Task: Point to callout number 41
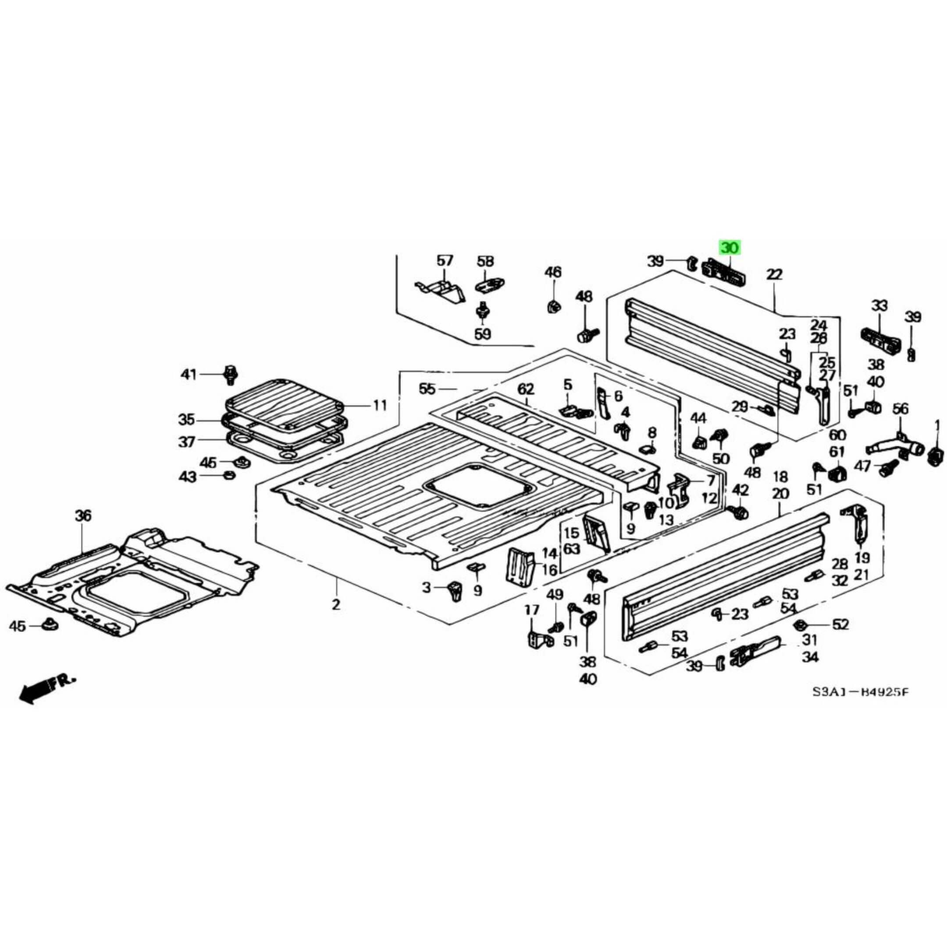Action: tap(188, 375)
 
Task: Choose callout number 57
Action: tap(445, 261)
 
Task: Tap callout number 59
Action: tap(482, 334)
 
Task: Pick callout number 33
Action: tap(879, 306)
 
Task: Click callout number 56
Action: tap(900, 408)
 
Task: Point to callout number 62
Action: tap(526, 390)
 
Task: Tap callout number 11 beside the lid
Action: tap(380, 406)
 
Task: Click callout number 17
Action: tap(532, 610)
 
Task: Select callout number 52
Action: tap(840, 624)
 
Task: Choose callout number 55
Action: tap(427, 389)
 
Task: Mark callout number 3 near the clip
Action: tap(427, 587)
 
